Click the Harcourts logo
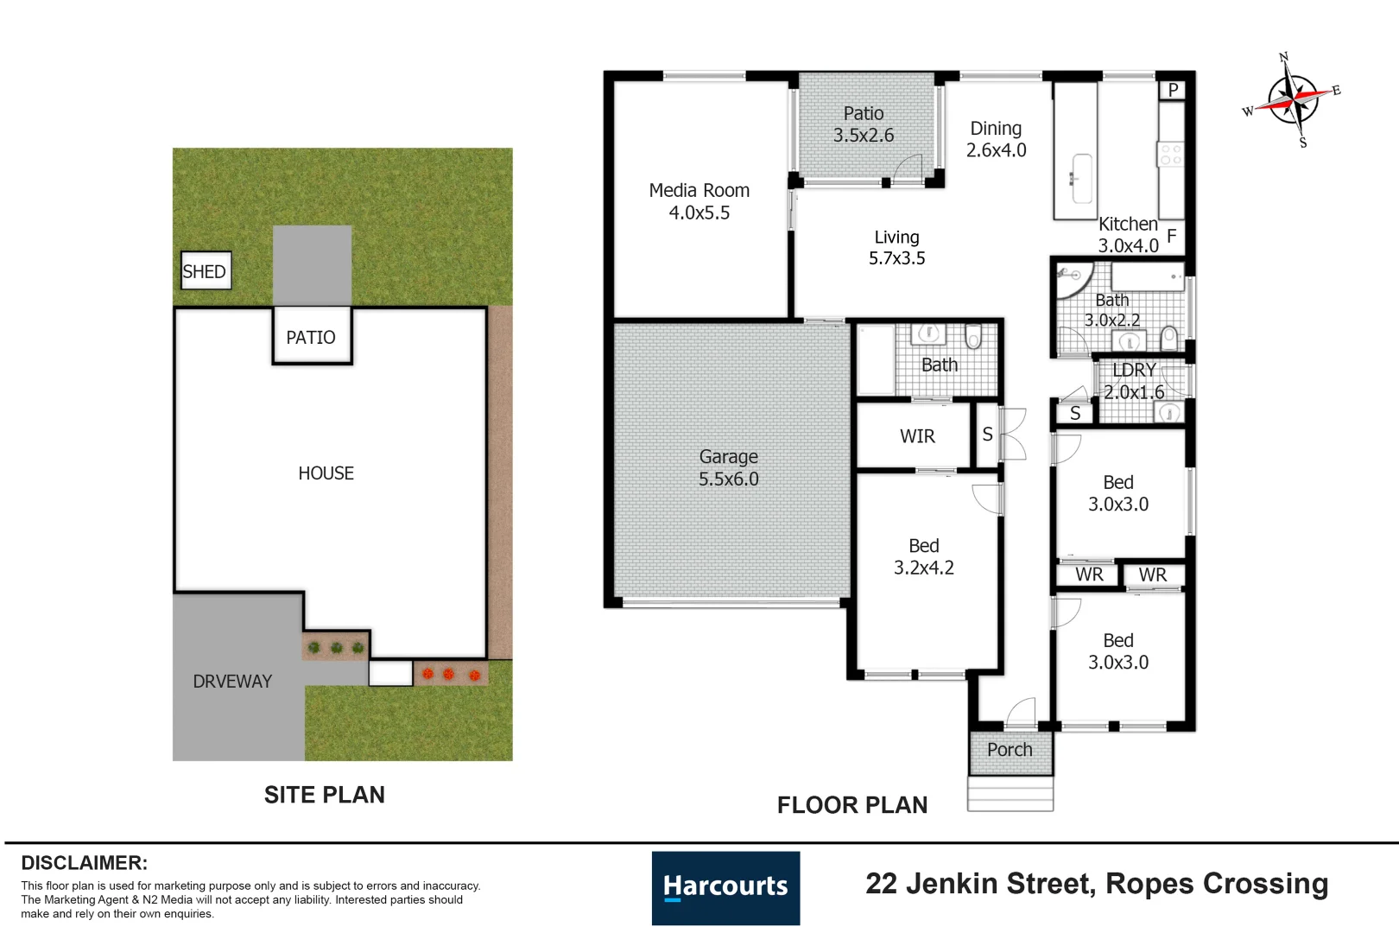(x=725, y=888)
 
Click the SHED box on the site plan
(x=206, y=270)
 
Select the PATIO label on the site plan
(x=310, y=338)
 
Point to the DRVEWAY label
(x=232, y=681)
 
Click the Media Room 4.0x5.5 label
(x=699, y=201)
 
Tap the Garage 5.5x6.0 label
(x=728, y=467)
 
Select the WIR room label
(x=917, y=435)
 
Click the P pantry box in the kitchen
(x=1172, y=90)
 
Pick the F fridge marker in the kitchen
(x=1172, y=236)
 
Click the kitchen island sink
(x=1082, y=179)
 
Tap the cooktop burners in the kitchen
(x=1170, y=155)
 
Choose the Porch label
(x=1010, y=749)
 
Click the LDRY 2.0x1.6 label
(x=1134, y=381)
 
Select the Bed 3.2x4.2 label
(x=924, y=556)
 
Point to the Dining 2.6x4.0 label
(x=996, y=139)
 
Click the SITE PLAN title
(x=324, y=795)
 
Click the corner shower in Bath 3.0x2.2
(x=1074, y=280)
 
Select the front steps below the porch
(x=1010, y=794)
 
